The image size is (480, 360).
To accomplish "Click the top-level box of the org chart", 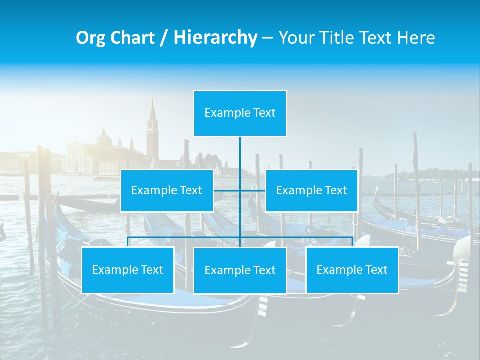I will [240, 113].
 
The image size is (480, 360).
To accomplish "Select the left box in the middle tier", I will [167, 190].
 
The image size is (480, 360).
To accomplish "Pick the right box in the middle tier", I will [311, 190].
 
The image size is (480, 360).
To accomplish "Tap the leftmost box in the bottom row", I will [128, 270].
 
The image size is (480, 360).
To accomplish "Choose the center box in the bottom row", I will [240, 270].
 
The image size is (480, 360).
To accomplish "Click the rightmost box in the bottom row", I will [352, 270].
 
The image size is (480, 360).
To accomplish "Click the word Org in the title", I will [91, 38].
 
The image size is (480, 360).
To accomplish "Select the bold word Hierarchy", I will [215, 38].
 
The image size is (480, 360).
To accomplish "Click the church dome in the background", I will [104, 139].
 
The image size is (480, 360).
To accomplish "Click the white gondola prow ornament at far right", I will [463, 250].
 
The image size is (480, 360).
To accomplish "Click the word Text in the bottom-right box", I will [376, 270].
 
